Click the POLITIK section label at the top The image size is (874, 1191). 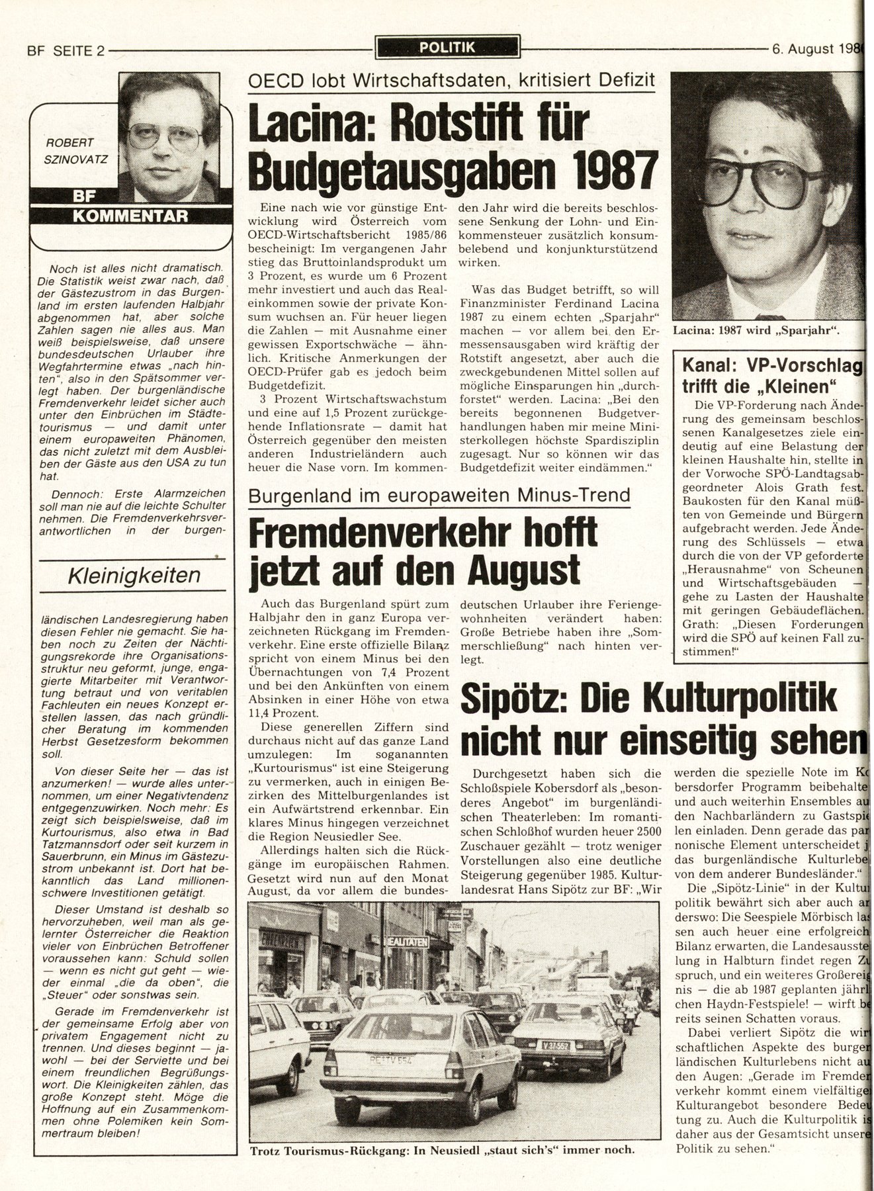[447, 46]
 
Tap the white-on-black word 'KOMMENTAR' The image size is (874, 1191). [130, 216]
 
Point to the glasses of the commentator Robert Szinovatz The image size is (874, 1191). [165, 136]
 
